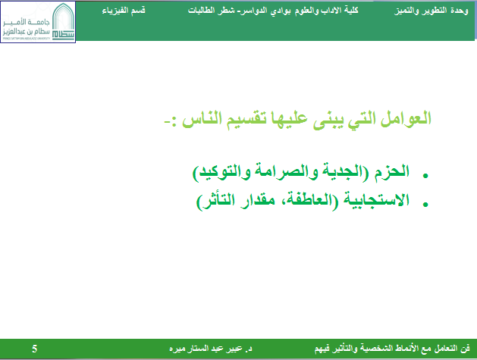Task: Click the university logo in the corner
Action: pyautogui.click(x=38, y=22)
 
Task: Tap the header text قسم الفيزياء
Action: pyautogui.click(x=124, y=11)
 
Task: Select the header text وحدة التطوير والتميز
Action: pyautogui.click(x=431, y=11)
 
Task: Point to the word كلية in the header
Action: pyautogui.click(x=351, y=11)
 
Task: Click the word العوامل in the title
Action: pyautogui.click(x=406, y=118)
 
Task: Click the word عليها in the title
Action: pyautogui.click(x=289, y=118)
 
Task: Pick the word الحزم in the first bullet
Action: pyautogui.click(x=391, y=171)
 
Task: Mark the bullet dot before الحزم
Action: pyautogui.click(x=425, y=175)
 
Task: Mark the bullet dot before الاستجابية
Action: pyautogui.click(x=425, y=205)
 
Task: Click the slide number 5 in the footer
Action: pyautogui.click(x=34, y=349)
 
